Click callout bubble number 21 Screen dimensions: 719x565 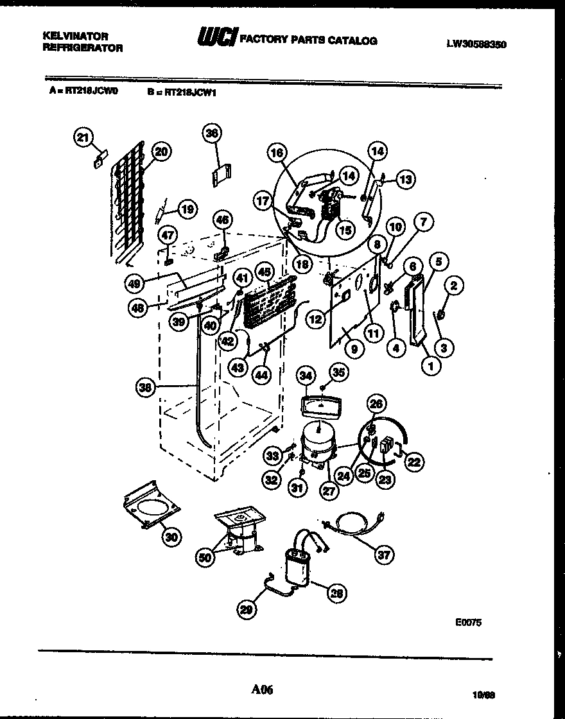pos(83,136)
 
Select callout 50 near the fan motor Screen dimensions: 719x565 pos(205,557)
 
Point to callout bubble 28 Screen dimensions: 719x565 pos(336,593)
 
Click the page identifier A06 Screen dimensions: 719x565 pos(263,690)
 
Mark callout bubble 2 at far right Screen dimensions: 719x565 pos(453,286)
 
